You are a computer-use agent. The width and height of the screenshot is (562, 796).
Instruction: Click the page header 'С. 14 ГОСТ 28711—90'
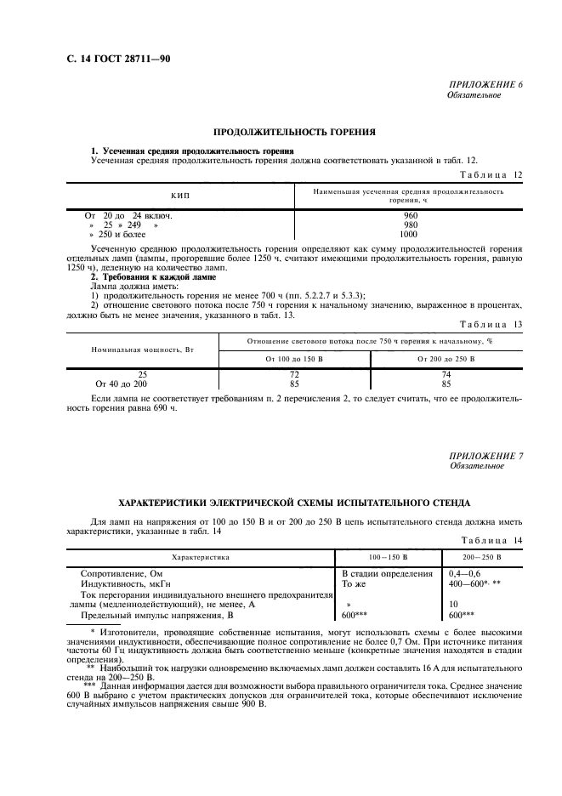click(x=112, y=59)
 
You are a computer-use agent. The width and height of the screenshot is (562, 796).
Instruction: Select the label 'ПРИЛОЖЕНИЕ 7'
click(x=486, y=457)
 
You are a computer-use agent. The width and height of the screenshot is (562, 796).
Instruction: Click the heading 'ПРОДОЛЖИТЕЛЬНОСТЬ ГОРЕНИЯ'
click(x=294, y=132)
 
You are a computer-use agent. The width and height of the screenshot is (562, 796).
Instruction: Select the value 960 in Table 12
click(x=408, y=215)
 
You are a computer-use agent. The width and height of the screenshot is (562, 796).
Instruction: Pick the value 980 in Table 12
click(x=408, y=225)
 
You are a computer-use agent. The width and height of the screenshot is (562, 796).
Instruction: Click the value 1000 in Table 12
click(x=408, y=234)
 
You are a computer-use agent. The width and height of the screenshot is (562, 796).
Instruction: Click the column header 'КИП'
click(x=179, y=196)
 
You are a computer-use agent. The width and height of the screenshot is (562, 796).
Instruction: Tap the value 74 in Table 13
click(x=447, y=374)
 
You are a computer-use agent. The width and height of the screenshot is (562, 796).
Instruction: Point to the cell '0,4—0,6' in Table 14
click(x=464, y=574)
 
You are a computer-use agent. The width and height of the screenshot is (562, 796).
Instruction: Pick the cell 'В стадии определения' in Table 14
click(x=387, y=574)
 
